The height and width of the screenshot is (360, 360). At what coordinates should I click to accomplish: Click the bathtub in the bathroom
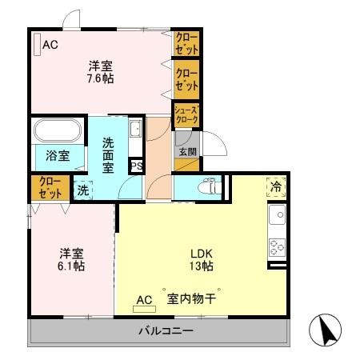coord(56,130)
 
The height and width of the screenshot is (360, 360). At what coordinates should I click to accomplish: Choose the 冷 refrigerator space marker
coord(276,187)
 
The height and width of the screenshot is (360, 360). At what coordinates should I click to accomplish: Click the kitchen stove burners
coord(278,247)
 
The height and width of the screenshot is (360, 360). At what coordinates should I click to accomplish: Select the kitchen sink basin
coord(278,215)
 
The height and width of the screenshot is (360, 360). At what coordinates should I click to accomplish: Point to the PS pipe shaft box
coord(137,166)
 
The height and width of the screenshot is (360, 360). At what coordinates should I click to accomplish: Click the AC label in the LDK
coord(144,300)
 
